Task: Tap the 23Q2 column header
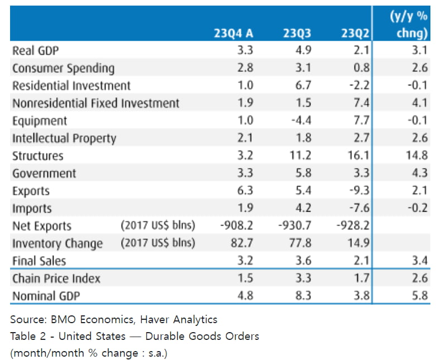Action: (x=355, y=34)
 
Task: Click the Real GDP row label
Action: (x=36, y=51)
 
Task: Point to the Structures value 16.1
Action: (x=358, y=156)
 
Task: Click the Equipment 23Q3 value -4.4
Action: (x=300, y=121)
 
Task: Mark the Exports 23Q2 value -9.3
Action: (x=358, y=191)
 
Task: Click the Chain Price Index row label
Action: (x=56, y=279)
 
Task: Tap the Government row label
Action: (x=44, y=174)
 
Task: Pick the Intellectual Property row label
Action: (x=64, y=138)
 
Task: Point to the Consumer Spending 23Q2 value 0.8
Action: (x=361, y=68)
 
